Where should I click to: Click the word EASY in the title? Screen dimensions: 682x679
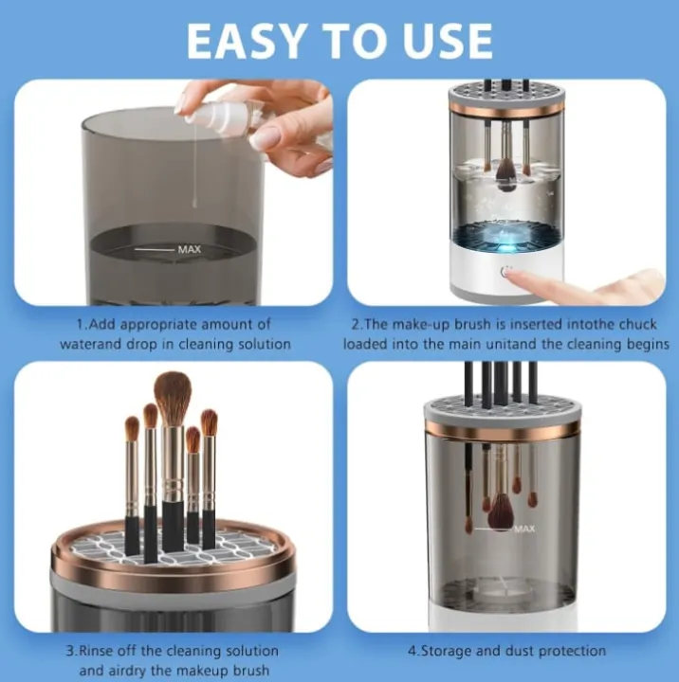coord(248,41)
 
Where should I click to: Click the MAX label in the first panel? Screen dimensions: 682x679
coord(190,250)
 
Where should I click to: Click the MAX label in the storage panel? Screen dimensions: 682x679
coord(525,529)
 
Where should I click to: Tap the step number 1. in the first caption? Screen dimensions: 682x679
coord(79,324)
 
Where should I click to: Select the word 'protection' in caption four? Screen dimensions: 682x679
coord(572,651)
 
